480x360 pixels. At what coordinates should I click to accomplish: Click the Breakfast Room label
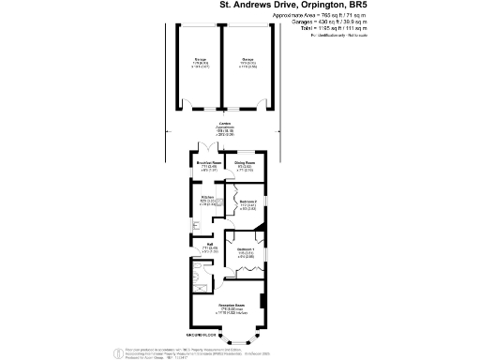click(x=208, y=163)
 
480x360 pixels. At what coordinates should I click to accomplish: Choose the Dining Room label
click(x=245, y=163)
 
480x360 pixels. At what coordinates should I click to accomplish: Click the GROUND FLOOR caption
click(x=202, y=335)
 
